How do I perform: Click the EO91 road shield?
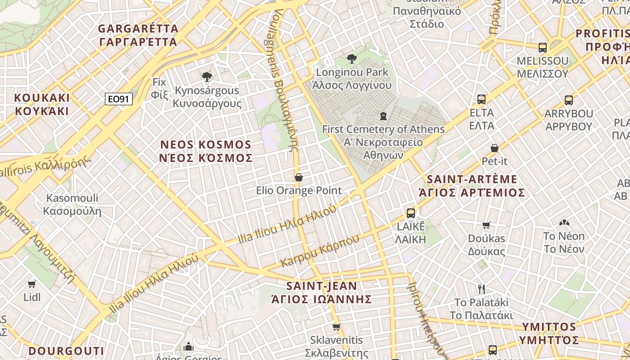tap(119, 99)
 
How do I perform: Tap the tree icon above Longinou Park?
tap(352, 59)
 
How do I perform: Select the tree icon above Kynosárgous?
tap(207, 76)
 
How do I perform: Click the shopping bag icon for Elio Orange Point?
tap(298, 178)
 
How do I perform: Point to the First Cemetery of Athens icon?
tap(383, 117)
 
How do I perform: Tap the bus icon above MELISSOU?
tap(543, 48)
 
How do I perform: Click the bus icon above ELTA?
tap(481, 99)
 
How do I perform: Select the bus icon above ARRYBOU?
tap(569, 100)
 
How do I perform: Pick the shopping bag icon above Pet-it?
tap(495, 148)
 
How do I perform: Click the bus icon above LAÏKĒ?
tap(410, 213)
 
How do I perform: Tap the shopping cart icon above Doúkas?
tap(486, 225)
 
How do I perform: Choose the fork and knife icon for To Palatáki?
tap(481, 289)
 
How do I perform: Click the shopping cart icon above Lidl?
tap(32, 284)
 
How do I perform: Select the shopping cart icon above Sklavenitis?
tap(336, 327)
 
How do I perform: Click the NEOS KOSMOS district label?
tap(206, 151)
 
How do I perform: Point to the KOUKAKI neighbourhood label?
tap(42, 104)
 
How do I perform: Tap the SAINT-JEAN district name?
tap(322, 292)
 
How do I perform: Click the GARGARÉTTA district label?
tap(138, 35)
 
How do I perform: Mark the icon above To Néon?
tap(564, 223)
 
